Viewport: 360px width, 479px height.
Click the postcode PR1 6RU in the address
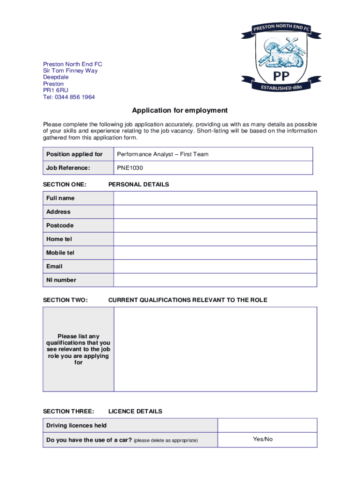coord(56,91)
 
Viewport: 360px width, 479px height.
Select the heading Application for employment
coord(180,111)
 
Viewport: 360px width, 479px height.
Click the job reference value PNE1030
coord(130,167)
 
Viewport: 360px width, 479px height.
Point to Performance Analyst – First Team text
coord(163,154)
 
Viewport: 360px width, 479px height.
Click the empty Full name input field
coord(215,198)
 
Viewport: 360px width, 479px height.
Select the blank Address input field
coord(215,212)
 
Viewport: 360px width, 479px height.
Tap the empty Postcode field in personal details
coord(215,225)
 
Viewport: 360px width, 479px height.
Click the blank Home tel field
coord(215,239)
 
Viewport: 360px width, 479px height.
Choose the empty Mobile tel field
coord(215,253)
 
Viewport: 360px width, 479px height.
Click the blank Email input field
coord(215,266)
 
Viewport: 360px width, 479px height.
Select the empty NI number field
coord(215,280)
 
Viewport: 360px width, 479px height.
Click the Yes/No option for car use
coord(263,440)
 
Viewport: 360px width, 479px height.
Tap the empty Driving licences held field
coord(267,425)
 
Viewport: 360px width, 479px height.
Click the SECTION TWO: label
coord(65,300)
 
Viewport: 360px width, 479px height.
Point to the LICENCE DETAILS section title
coord(135,412)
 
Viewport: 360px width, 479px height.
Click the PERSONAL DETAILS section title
coord(138,185)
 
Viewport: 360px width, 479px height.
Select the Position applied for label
coord(74,154)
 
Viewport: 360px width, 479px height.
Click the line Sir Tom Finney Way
coord(71,71)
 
